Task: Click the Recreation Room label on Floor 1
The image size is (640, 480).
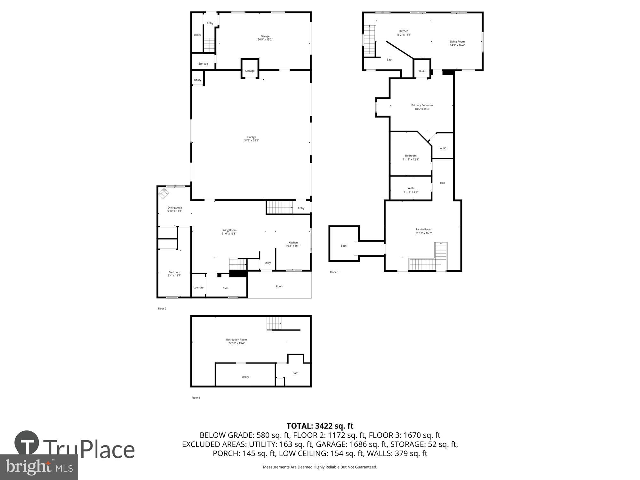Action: click(x=236, y=340)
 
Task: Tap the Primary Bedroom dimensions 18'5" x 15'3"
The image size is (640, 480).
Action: click(x=422, y=109)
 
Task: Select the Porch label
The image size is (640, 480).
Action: click(x=279, y=286)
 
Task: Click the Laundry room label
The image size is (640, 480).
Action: click(x=198, y=287)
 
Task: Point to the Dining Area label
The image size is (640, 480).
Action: click(x=175, y=208)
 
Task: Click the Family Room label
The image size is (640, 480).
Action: click(x=423, y=229)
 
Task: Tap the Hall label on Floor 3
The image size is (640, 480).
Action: click(x=442, y=183)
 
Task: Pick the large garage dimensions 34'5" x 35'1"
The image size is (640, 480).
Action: click(x=252, y=140)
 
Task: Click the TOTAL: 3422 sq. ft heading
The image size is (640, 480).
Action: click(x=320, y=426)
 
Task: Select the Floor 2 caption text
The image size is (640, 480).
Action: click(x=162, y=309)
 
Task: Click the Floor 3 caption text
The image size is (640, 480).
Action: click(x=334, y=272)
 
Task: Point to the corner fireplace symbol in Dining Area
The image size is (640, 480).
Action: click(x=164, y=193)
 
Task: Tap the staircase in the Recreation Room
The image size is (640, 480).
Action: click(x=274, y=323)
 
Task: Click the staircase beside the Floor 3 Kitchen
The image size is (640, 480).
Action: click(x=370, y=40)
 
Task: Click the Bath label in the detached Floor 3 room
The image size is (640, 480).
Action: click(x=343, y=246)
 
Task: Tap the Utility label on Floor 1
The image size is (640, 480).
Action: click(x=245, y=377)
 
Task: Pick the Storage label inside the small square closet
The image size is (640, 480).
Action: click(x=250, y=71)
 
